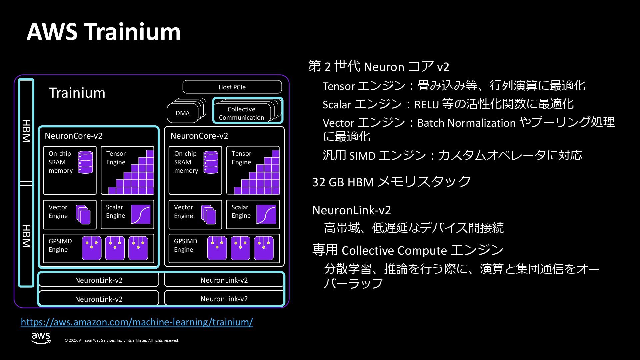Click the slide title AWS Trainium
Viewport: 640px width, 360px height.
pyautogui.click(x=103, y=32)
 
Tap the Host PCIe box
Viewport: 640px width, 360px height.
pyautogui.click(x=232, y=87)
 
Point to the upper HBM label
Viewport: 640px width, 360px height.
pyautogui.click(x=26, y=131)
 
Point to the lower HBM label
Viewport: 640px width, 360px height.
pyautogui.click(x=26, y=236)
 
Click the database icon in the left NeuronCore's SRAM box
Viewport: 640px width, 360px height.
pyautogui.click(x=85, y=162)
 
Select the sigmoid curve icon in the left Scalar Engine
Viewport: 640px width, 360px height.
pyautogui.click(x=141, y=214)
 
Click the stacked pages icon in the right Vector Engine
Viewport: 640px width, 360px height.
pyautogui.click(x=209, y=214)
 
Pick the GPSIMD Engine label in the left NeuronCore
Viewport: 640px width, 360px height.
pyautogui.click(x=60, y=245)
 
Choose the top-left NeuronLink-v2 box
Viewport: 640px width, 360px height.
pyautogui.click(x=99, y=280)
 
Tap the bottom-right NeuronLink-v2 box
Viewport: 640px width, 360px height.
pyautogui.click(x=224, y=299)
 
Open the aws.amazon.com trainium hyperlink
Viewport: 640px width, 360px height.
pyautogui.click(x=137, y=322)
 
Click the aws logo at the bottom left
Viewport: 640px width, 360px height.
pyautogui.click(x=41, y=338)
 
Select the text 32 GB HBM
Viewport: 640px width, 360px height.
pyautogui.click(x=343, y=182)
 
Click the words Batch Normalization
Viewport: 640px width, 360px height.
pyautogui.click(x=466, y=123)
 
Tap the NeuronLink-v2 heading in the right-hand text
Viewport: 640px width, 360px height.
pyautogui.click(x=351, y=210)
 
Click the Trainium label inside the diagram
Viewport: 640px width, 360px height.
pyautogui.click(x=77, y=93)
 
